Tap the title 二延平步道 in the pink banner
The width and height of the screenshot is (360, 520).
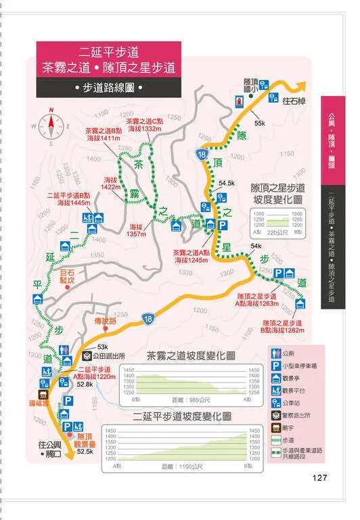pyautogui.click(x=109, y=51)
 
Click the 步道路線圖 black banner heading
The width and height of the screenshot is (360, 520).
pyautogui.click(x=109, y=87)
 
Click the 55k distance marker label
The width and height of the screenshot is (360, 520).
pyautogui.click(x=260, y=123)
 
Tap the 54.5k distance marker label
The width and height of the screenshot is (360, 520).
pyautogui.click(x=226, y=183)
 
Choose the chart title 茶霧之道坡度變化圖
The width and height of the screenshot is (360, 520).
pyautogui.click(x=190, y=356)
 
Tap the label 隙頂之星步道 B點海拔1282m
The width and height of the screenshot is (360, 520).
pyautogui.click(x=284, y=327)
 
